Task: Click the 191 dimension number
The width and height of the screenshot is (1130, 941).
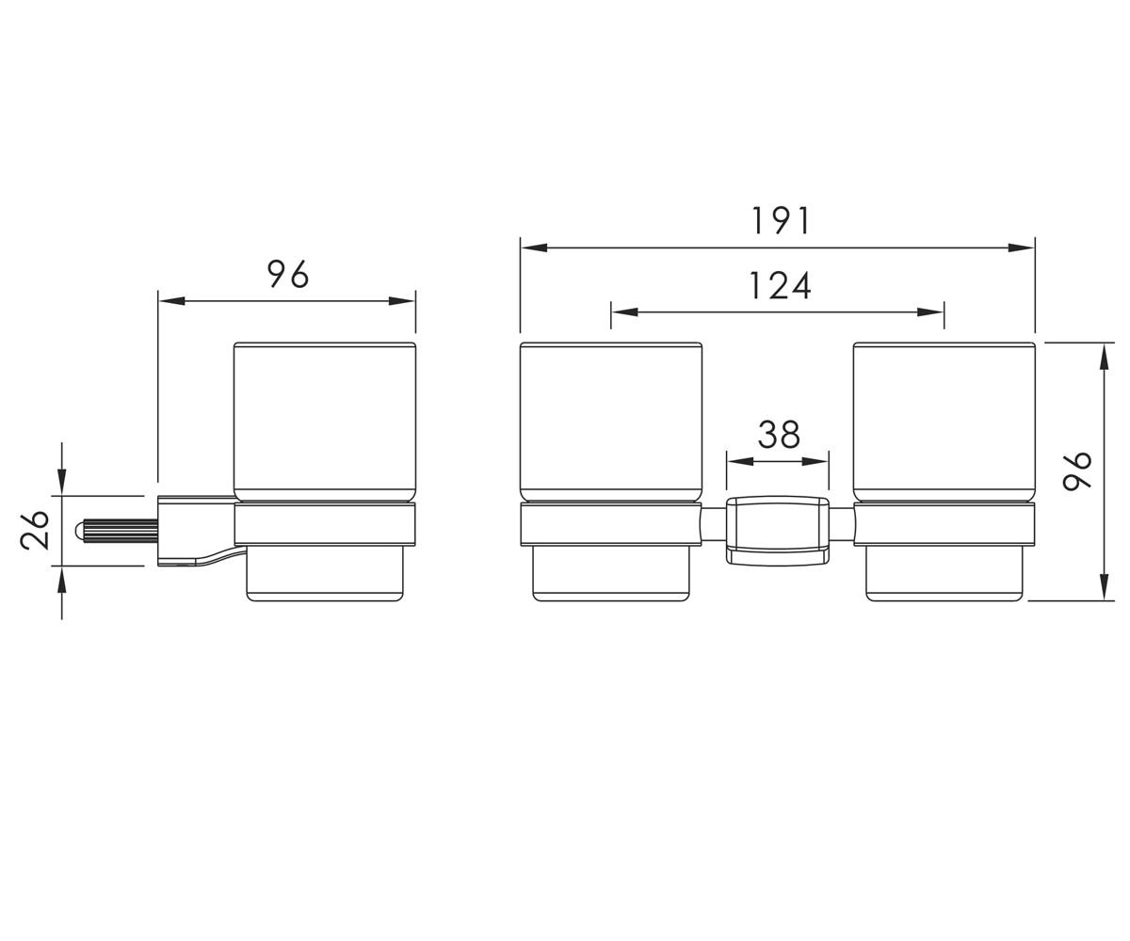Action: (x=781, y=220)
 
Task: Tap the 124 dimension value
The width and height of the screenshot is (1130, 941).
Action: (x=780, y=285)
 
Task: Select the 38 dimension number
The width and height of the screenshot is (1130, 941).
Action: (x=779, y=435)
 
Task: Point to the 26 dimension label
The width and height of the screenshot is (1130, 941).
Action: (x=35, y=530)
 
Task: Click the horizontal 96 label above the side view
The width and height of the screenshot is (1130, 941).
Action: (x=288, y=274)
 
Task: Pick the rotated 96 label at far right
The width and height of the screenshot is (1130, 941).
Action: (x=1077, y=471)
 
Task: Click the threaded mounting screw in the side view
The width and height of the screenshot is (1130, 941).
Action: (x=117, y=530)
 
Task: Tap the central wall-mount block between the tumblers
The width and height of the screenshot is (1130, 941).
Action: (x=778, y=531)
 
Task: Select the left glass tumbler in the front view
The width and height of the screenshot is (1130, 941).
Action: (x=611, y=422)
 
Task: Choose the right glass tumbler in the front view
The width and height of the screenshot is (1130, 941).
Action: (x=944, y=422)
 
